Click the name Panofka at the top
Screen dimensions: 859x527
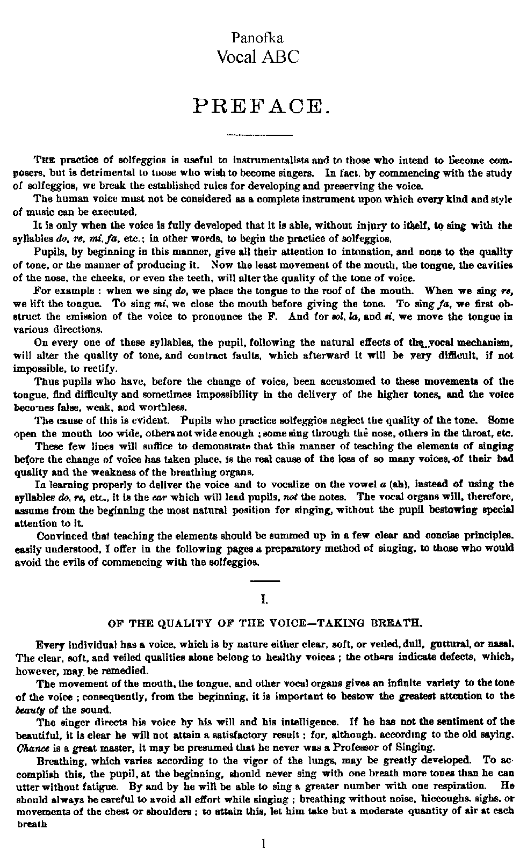(257, 38)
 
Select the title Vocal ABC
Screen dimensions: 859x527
(257, 56)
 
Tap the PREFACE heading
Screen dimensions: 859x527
(260, 105)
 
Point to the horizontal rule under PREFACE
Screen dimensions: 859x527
(260, 134)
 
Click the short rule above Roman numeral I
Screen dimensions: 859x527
(265, 581)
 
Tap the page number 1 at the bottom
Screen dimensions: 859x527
(263, 843)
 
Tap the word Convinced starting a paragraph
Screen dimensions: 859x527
(62, 536)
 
